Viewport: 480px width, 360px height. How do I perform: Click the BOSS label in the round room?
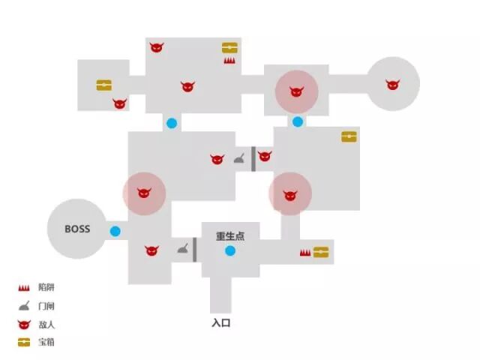click(x=77, y=229)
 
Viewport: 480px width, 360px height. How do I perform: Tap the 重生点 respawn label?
click(x=230, y=236)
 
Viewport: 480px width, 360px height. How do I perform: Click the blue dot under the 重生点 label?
click(x=230, y=250)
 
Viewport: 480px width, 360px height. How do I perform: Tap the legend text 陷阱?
click(x=46, y=287)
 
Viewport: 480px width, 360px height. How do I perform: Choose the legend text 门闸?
click(x=46, y=306)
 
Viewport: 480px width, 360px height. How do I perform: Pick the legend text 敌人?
click(x=46, y=325)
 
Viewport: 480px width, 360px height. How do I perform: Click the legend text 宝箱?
click(x=46, y=343)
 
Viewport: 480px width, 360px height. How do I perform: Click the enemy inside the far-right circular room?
click(x=392, y=85)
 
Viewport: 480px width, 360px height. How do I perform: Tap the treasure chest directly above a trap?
click(x=229, y=48)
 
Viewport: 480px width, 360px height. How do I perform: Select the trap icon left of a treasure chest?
click(x=305, y=253)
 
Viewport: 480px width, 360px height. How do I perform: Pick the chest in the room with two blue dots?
click(x=349, y=136)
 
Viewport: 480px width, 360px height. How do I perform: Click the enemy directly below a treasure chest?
click(x=119, y=103)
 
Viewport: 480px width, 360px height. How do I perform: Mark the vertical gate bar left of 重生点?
click(x=195, y=250)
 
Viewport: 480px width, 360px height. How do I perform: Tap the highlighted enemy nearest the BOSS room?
click(x=143, y=193)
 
